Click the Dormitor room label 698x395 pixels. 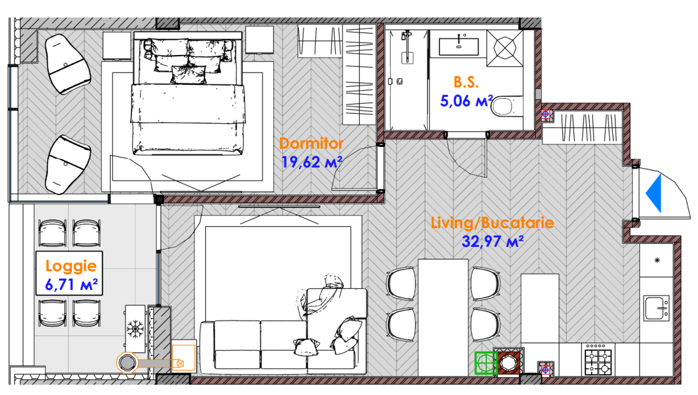311,143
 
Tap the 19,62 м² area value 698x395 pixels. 311,162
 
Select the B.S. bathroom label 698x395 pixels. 466,82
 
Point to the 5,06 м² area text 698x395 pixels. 466,101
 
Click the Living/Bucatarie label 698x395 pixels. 492,222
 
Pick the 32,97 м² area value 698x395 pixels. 492,241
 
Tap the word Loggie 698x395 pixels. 71,266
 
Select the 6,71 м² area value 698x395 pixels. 71,284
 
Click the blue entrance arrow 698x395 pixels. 654,193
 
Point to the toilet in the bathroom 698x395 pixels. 507,106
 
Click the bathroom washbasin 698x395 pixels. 458,46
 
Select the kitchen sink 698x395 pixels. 656,308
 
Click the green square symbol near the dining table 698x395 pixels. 485,362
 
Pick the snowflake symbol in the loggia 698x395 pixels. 135,329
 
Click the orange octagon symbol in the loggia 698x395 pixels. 128,363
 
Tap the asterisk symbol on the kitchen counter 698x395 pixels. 657,260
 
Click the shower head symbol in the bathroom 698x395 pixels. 406,36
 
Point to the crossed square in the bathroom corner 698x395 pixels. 505,48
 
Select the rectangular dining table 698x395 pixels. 443,317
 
